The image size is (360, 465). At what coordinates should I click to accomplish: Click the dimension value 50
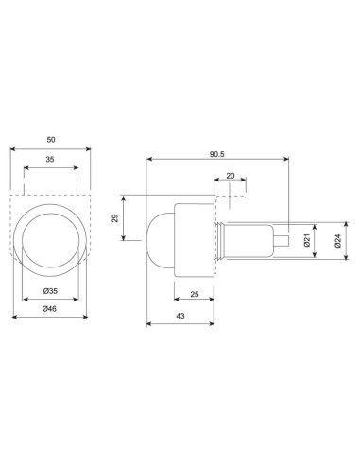pos(49,139)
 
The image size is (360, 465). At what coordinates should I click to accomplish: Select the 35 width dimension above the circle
pos(49,161)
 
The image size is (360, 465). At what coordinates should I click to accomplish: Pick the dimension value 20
pos(231,177)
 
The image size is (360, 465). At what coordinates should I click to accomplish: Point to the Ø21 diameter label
pos(307,241)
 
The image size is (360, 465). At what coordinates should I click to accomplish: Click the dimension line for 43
pos(180,323)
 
